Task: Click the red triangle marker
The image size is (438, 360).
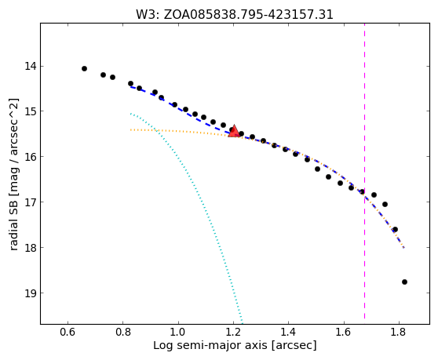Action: (x=234, y=131)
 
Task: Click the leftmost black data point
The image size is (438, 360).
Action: (x=84, y=69)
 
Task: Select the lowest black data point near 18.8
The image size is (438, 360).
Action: (x=404, y=282)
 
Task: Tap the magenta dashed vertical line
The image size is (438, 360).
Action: (x=364, y=171)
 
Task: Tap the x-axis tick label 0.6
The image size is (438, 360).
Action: (x=68, y=332)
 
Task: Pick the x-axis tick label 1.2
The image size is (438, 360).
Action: (x=233, y=332)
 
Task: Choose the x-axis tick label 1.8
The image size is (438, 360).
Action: (x=399, y=332)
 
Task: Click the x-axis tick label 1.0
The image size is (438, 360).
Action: (x=178, y=332)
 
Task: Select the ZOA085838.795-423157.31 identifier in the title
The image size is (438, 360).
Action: (x=248, y=15)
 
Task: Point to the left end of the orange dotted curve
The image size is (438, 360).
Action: (x=130, y=129)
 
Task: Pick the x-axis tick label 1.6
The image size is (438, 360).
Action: (x=344, y=332)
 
